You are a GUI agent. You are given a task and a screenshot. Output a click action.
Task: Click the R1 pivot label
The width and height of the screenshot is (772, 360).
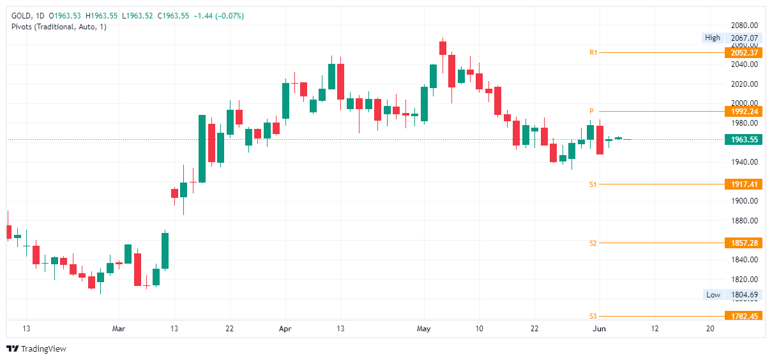(x=593, y=52)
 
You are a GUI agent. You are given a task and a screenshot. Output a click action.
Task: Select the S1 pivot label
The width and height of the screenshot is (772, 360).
(x=593, y=184)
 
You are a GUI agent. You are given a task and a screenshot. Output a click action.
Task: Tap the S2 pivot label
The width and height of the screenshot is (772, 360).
(x=593, y=243)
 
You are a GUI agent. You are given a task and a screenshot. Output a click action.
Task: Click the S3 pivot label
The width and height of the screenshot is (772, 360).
(x=593, y=316)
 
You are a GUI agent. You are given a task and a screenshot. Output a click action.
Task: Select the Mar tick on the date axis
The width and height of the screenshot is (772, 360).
(x=119, y=328)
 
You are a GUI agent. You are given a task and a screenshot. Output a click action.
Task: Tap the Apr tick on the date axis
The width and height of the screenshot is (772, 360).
(x=285, y=328)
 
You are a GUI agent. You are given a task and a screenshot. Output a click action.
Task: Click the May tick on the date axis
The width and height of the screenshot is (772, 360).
(x=423, y=328)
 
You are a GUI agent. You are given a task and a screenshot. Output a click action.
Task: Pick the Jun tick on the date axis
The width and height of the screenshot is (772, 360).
(x=599, y=328)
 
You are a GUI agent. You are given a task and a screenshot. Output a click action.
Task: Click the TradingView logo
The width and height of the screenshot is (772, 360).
(x=36, y=349)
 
